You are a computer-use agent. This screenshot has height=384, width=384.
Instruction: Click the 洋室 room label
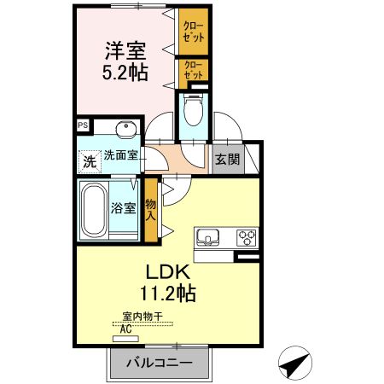(126, 49)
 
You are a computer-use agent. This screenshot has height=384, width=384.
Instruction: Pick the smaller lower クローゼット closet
(192, 69)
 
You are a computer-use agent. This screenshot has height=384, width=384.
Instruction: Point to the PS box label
(83, 125)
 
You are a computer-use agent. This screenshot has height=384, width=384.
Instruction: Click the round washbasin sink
(125, 129)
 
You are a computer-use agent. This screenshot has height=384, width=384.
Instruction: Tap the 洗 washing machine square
(89, 160)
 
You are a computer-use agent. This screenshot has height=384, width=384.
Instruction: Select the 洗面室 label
(121, 156)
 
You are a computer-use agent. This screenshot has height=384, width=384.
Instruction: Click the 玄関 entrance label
(227, 158)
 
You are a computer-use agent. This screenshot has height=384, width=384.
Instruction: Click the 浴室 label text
(124, 208)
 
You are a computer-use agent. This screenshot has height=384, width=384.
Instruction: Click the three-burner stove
(247, 236)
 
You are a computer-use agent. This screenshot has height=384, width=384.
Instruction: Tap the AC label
(126, 329)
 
